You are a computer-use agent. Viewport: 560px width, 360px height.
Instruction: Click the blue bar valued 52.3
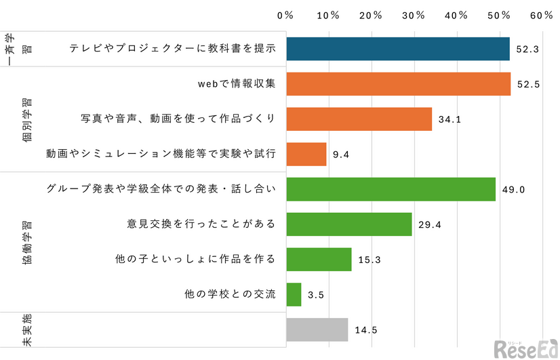tap(398, 48)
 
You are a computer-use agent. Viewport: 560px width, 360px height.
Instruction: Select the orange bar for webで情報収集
tap(399, 83)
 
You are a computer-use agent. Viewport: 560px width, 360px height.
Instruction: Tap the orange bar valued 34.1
tap(359, 119)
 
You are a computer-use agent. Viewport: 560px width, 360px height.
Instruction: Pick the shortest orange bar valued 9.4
tap(306, 154)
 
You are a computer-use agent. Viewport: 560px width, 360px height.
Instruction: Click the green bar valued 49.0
tap(391, 189)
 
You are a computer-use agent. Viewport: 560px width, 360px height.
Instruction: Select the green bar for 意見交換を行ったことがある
tap(349, 224)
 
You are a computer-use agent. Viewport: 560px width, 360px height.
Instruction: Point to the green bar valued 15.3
tap(319, 260)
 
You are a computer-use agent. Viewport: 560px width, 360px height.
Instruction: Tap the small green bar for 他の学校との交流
tap(294, 295)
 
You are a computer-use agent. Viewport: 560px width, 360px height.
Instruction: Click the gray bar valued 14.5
tap(317, 330)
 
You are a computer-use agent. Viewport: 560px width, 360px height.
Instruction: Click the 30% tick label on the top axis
tap(414, 15)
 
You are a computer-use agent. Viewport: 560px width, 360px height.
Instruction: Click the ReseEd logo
tap(525, 347)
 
